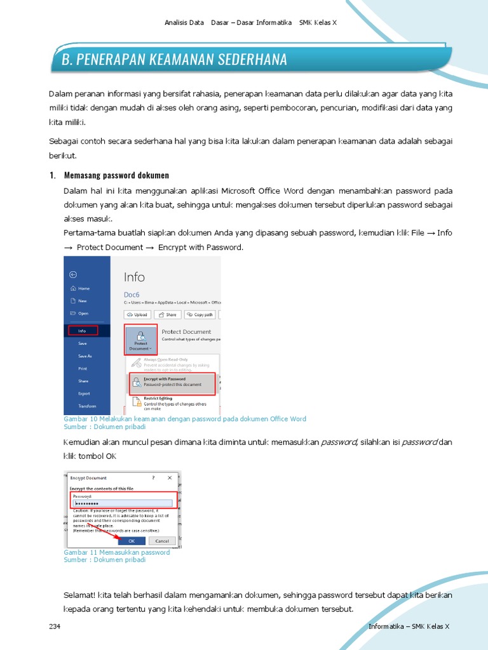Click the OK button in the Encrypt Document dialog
(132, 541)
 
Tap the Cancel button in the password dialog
(161, 541)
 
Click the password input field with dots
(122, 503)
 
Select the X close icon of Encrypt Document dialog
(169, 477)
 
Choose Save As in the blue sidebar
(85, 356)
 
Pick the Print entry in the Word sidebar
(83, 368)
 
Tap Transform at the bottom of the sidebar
(87, 406)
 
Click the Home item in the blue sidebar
(83, 288)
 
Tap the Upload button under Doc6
(137, 314)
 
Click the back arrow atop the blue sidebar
(73, 274)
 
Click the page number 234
(55, 627)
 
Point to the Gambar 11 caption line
(117, 552)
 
